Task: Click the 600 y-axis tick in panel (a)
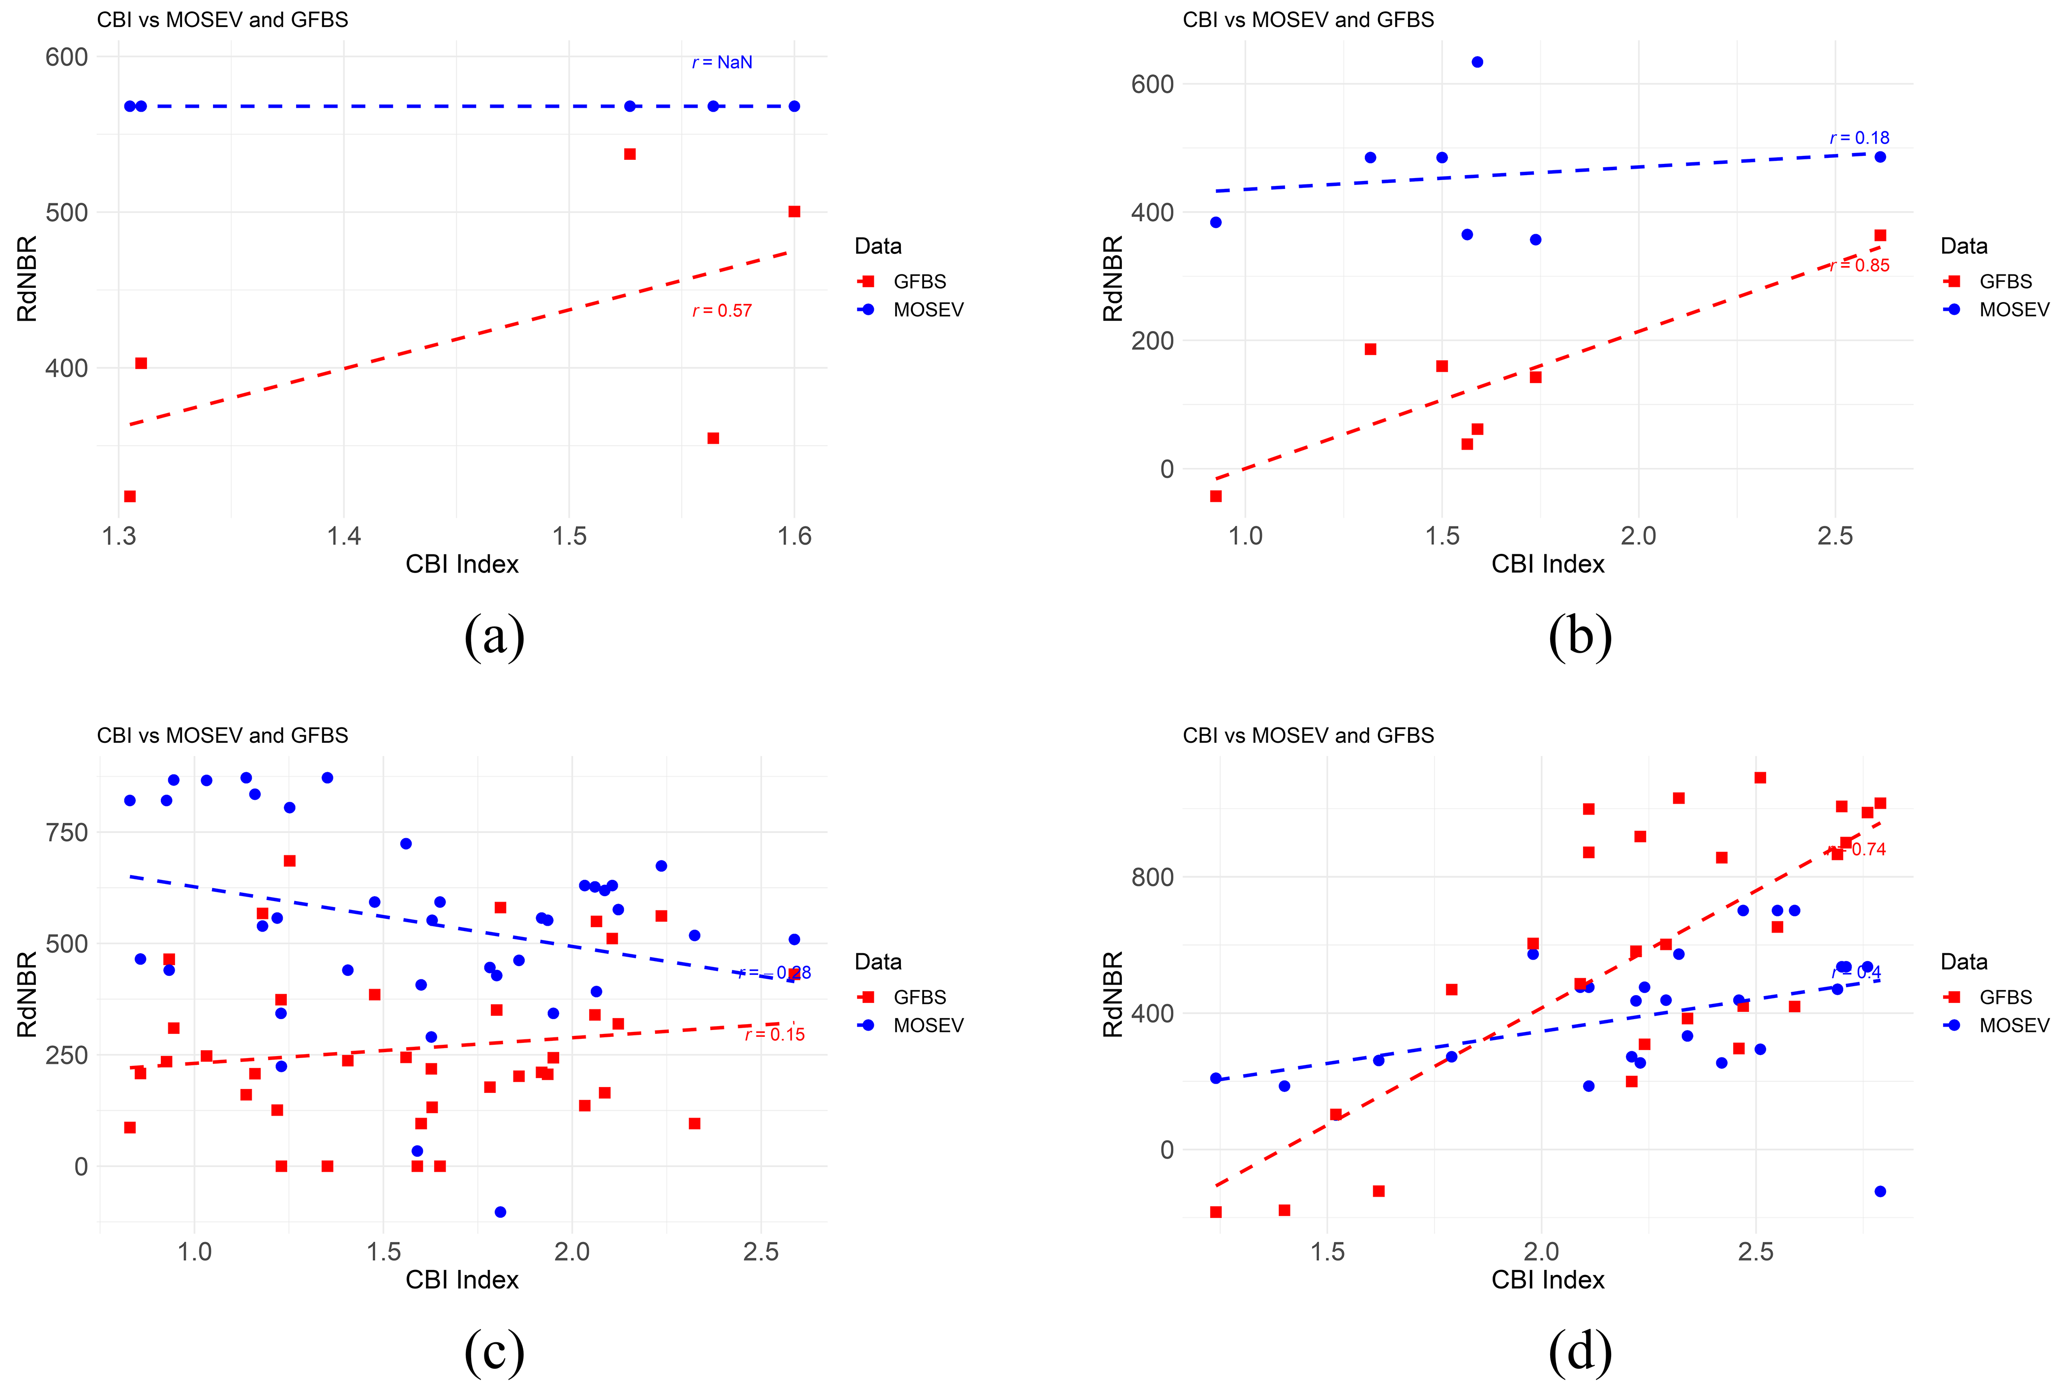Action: (x=66, y=57)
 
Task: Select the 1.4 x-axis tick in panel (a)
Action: (x=344, y=536)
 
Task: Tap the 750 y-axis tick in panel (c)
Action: (x=66, y=833)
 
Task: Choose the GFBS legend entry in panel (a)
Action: (x=919, y=281)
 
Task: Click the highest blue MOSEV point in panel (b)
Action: (x=1477, y=62)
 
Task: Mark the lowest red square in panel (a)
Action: (x=129, y=496)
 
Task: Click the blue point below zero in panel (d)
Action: (x=1880, y=1191)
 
